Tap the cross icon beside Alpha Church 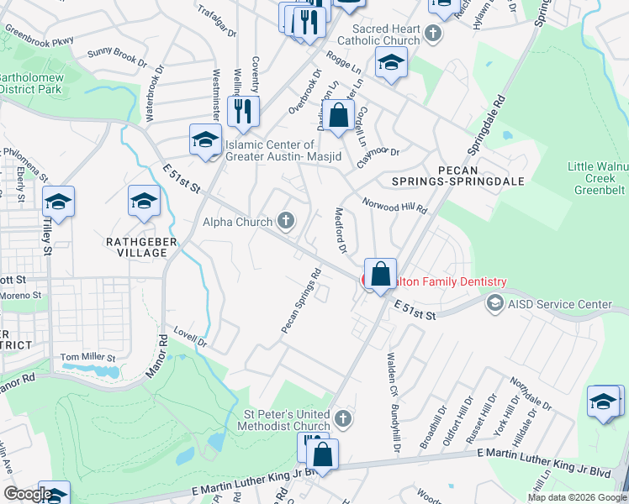(286, 222)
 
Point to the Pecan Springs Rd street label (302, 300)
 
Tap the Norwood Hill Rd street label (395, 205)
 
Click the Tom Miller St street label (87, 358)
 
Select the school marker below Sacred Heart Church (391, 64)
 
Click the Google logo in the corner (28, 494)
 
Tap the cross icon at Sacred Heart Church (433, 34)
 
